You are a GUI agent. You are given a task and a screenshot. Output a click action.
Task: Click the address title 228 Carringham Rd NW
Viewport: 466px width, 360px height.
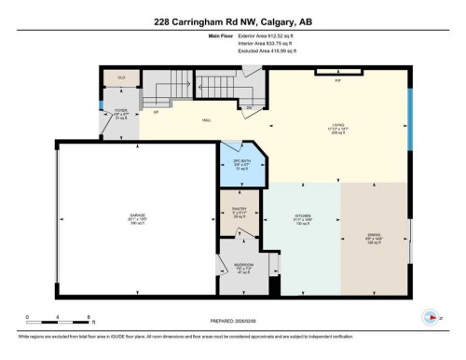[x=233, y=21]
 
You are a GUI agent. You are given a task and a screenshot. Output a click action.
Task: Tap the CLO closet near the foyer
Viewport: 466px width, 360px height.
[x=120, y=76]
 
